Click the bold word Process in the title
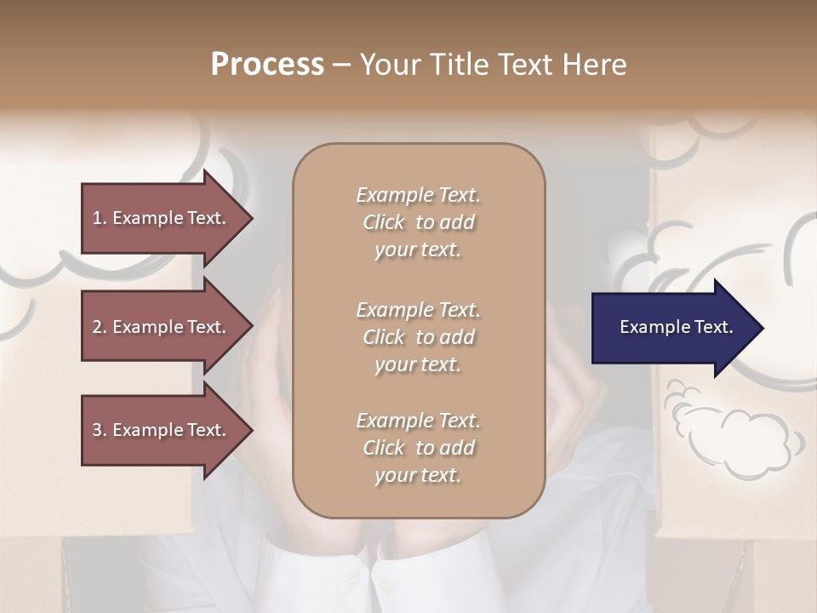pos(267,65)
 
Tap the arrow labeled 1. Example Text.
pos(162,218)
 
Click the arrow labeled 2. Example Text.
pos(162,327)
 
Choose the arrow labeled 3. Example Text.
pos(162,430)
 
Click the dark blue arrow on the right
pos(672,328)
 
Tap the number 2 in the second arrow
pos(97,327)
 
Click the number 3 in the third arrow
pos(97,430)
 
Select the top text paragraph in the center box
pos(418,222)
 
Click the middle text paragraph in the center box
pos(418,337)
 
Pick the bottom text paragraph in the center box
pos(418,448)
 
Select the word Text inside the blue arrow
pos(712,327)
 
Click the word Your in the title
pos(389,65)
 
